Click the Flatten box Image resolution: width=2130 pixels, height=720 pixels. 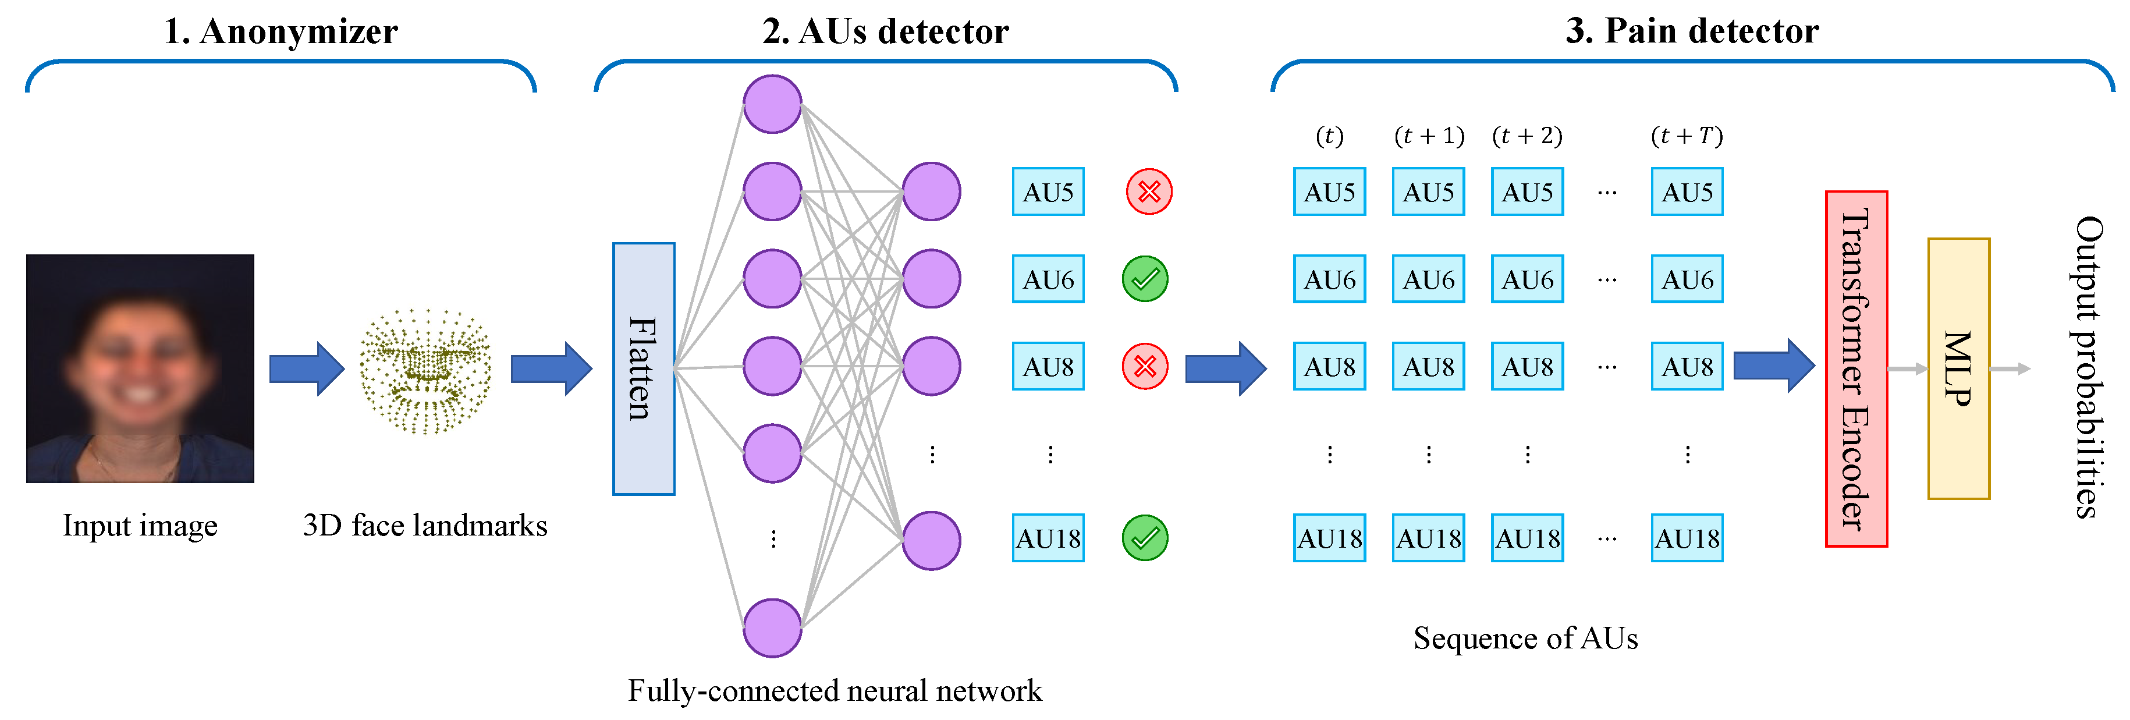click(x=643, y=368)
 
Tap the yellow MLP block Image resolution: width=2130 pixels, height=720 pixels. click(x=1958, y=368)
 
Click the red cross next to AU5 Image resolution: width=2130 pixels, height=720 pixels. click(x=1149, y=191)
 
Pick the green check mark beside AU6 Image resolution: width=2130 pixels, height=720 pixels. click(x=1144, y=279)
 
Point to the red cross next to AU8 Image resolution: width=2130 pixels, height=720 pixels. click(x=1144, y=366)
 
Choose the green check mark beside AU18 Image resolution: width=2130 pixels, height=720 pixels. click(x=1144, y=538)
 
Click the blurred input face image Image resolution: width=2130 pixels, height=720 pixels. click(x=140, y=368)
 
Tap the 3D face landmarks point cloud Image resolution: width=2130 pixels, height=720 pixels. click(x=425, y=371)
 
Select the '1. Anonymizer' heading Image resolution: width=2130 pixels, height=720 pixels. click(x=281, y=31)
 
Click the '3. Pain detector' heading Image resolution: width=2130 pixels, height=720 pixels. click(x=1692, y=31)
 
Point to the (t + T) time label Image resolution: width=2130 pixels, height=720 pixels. click(x=1687, y=136)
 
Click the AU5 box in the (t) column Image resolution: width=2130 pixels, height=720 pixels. click(x=1329, y=191)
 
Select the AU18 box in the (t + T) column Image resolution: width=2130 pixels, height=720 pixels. click(x=1687, y=538)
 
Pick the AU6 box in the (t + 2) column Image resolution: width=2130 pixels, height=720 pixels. click(x=1527, y=279)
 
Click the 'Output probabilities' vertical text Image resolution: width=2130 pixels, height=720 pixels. click(x=2089, y=368)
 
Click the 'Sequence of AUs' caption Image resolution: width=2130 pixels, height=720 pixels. click(x=1525, y=638)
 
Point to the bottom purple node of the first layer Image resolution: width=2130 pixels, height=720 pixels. click(x=772, y=628)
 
